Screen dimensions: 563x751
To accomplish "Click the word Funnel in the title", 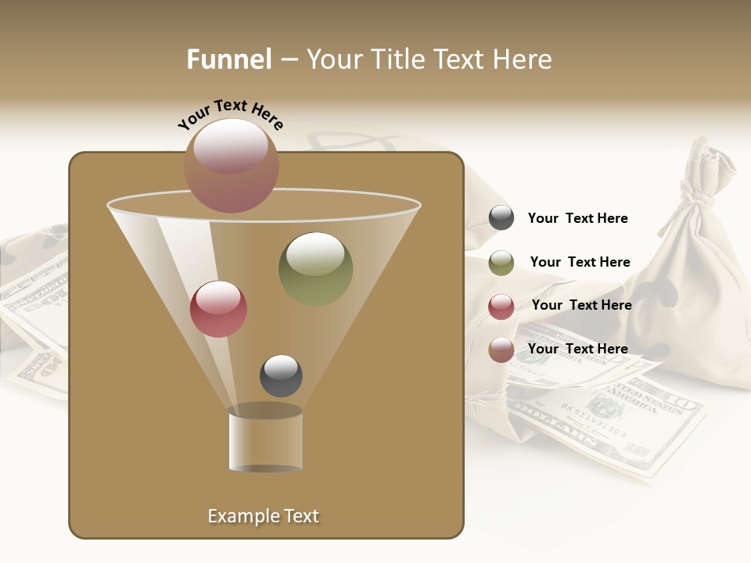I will (229, 59).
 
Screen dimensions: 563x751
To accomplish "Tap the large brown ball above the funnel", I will (232, 165).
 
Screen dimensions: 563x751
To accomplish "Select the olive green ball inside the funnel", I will (315, 268).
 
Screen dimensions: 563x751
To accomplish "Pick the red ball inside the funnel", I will (218, 308).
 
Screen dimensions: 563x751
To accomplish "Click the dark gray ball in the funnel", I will (281, 375).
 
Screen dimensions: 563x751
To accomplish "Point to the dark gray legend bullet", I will (501, 218).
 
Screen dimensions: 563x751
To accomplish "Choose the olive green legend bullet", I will (501, 263).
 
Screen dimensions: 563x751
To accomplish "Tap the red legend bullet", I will (501, 307).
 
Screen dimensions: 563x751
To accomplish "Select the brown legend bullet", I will (501, 350).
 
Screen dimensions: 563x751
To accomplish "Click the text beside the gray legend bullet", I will (577, 218).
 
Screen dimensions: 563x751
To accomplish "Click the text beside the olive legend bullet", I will (580, 262).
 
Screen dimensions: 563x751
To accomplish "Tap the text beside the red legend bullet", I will (581, 305).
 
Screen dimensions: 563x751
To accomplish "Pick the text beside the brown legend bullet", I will (577, 349).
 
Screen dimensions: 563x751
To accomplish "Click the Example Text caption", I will (263, 516).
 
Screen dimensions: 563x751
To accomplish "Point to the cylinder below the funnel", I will (265, 440).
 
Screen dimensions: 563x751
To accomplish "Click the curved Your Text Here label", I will (230, 113).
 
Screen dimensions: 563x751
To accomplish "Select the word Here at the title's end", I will (523, 59).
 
